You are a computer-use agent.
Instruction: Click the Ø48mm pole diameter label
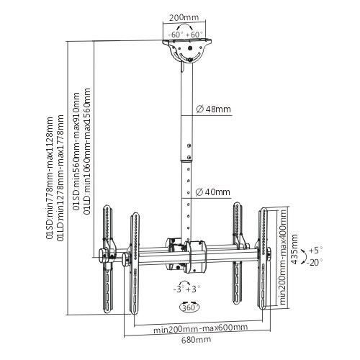tap(213, 110)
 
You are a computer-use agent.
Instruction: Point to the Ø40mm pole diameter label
tap(213, 192)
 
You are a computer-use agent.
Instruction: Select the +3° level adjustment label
tap(194, 289)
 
